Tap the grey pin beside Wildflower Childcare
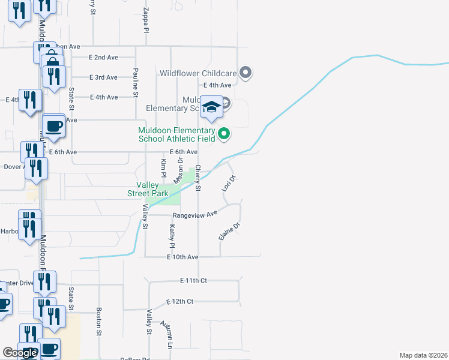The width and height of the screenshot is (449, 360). tap(245, 73)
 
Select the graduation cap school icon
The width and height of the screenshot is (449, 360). tap(211, 107)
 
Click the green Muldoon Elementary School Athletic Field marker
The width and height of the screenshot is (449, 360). tap(224, 133)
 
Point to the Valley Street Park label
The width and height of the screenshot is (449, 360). tap(148, 189)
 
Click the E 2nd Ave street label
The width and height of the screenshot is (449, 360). tap(103, 58)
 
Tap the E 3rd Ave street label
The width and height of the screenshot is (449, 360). tap(103, 77)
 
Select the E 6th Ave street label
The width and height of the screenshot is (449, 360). tap(183, 152)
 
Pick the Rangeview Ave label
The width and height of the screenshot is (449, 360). tap(194, 215)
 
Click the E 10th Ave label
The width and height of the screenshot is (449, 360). tap(182, 257)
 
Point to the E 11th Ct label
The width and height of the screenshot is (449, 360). tap(193, 280)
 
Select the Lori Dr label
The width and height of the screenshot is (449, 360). tap(228, 183)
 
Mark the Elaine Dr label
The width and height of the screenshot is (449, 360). tap(229, 232)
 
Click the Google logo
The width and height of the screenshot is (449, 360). tap(20, 353)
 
